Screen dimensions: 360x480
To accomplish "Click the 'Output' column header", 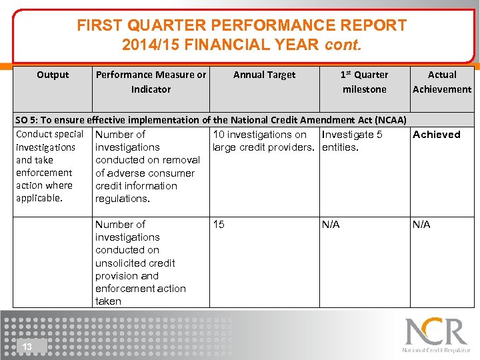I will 53,75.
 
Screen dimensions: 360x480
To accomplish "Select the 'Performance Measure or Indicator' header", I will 151,82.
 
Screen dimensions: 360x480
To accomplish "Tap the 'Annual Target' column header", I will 264,75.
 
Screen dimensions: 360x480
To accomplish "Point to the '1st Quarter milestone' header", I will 364,82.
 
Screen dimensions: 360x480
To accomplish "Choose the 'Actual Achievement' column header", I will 441,82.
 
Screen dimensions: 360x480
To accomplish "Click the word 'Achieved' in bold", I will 436,135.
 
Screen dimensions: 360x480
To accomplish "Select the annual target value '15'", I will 219,225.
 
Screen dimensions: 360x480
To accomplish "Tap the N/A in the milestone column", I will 331,225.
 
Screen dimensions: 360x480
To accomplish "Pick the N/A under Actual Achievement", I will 421,225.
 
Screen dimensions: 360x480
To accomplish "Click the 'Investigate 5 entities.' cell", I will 352,141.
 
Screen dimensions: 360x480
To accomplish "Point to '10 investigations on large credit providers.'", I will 263,141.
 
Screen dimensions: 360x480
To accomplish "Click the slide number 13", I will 27,347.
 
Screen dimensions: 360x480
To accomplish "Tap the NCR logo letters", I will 437,332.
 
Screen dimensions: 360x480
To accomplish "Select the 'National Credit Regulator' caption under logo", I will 436,350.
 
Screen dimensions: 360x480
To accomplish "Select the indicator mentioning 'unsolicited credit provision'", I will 140,263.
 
